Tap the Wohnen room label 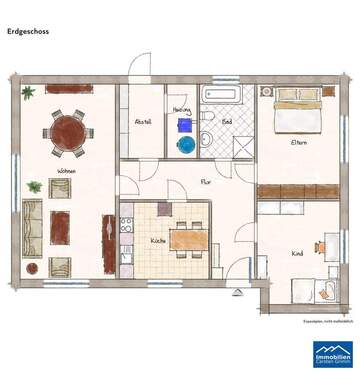(x=67, y=171)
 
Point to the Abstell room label (x=143, y=121)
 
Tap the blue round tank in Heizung (x=185, y=145)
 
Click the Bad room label (x=225, y=121)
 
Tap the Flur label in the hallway (x=205, y=182)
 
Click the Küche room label (x=158, y=240)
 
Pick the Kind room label (x=296, y=254)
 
